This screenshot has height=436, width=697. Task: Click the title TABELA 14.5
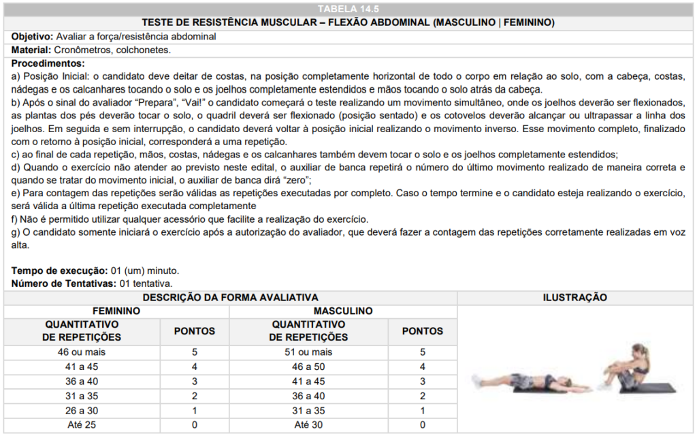348,8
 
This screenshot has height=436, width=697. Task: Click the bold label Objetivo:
32,36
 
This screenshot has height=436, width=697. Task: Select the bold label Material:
31,50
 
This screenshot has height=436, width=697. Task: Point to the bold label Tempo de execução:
59,270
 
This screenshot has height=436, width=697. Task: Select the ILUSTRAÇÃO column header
574,297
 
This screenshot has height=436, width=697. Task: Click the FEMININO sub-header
116,311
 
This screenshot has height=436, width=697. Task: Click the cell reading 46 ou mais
82,352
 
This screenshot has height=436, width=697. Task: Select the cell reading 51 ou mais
308,352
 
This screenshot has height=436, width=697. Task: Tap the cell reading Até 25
82,424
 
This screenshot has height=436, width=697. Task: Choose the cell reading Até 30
308,424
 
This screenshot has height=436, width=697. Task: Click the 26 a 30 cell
82,410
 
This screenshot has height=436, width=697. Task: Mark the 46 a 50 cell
308,367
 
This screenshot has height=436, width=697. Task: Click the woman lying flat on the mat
521,379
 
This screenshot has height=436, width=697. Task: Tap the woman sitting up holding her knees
630,368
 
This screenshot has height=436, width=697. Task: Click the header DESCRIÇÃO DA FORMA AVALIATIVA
230,297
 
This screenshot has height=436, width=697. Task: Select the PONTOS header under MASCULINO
422,331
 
